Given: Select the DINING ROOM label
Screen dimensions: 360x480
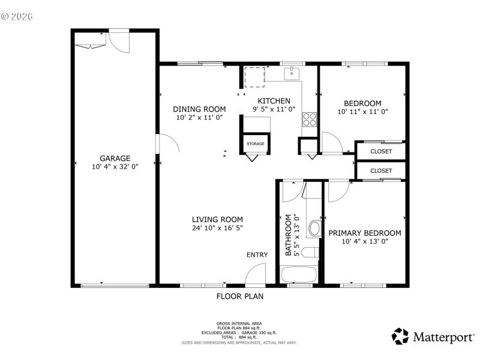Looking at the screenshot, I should click(199, 109).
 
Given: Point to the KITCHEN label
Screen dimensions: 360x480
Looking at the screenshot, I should click(274, 101).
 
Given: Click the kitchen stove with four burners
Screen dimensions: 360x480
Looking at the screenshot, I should click(310, 119).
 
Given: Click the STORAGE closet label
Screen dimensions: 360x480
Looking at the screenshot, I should click(256, 144).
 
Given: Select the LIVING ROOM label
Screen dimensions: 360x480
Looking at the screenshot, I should click(217, 219).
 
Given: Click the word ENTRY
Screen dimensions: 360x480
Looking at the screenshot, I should click(257, 255).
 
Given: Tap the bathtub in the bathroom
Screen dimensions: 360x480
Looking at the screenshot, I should click(299, 275).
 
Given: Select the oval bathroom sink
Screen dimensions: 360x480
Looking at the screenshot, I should click(314, 228).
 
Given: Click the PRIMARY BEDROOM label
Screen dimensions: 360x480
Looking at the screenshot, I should click(364, 233).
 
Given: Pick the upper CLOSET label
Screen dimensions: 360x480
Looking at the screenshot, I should click(381, 151).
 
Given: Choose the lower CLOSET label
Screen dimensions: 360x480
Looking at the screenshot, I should click(381, 171).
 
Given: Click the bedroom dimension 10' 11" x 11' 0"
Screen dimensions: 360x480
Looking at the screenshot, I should click(362, 112).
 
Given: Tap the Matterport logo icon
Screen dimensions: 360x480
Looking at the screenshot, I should click(400, 336).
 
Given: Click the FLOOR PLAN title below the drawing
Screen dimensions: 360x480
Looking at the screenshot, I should click(239, 296).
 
